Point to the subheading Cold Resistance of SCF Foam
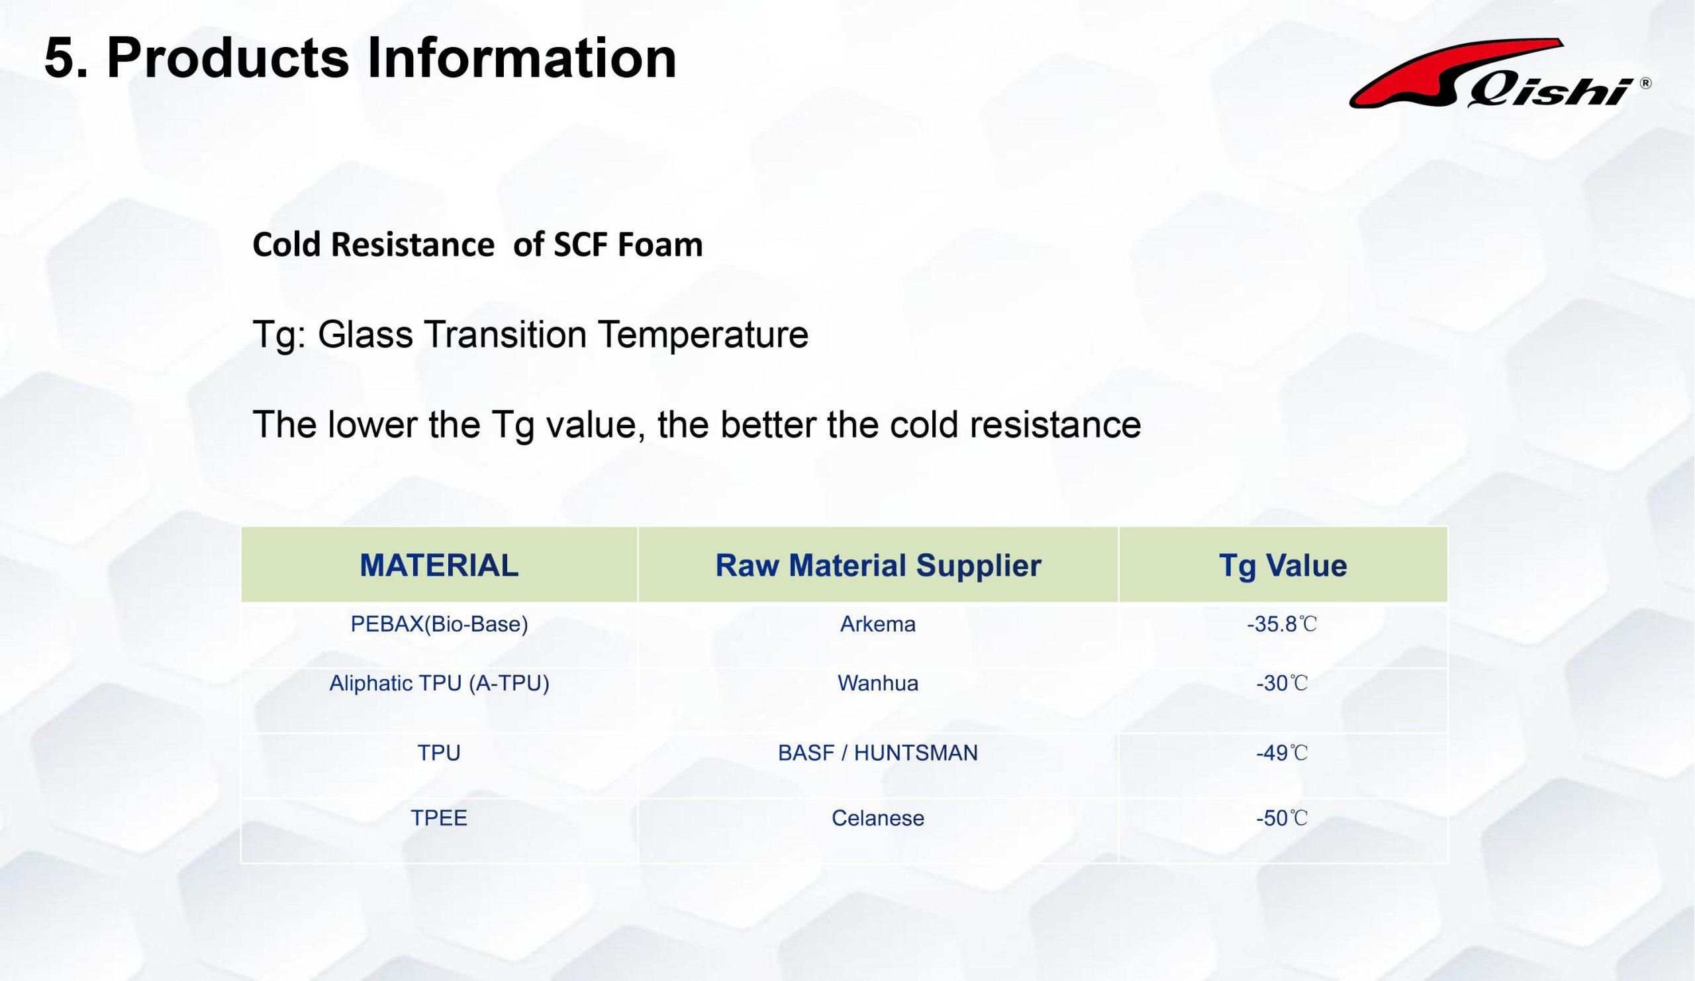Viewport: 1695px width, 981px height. coord(477,244)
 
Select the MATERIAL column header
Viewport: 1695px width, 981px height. coord(439,565)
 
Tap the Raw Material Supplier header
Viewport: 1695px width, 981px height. coord(878,565)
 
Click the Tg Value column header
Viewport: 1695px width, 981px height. coord(1283,565)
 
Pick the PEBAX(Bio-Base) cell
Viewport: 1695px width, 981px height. coord(439,625)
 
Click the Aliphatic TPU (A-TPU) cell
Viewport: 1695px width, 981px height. coord(439,684)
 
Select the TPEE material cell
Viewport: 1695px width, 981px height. coord(439,818)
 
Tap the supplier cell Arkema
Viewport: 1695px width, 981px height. coord(878,625)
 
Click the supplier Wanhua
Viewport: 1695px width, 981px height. coord(878,684)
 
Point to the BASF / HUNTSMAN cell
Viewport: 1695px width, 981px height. coord(878,753)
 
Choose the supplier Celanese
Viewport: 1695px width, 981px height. coord(878,818)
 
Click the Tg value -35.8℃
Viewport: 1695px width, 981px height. coord(1282,625)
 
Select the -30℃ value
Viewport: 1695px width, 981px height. coord(1282,684)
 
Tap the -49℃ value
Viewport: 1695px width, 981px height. coord(1282,753)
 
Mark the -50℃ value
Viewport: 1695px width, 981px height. coord(1282,818)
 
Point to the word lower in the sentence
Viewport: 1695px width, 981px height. coord(373,425)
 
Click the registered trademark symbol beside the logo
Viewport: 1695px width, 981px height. coord(1645,83)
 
